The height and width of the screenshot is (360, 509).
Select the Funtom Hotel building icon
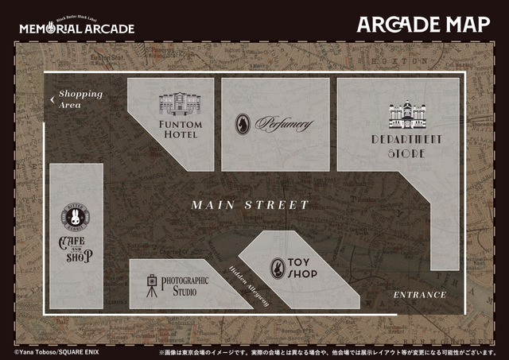pyautogui.click(x=181, y=105)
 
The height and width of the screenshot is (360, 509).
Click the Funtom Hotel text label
pyautogui.click(x=181, y=130)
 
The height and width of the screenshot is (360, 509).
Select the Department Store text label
pyautogui.click(x=406, y=145)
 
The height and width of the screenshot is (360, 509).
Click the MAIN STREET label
pyautogui.click(x=250, y=205)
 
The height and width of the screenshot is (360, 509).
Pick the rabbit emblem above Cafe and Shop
pyautogui.click(x=76, y=217)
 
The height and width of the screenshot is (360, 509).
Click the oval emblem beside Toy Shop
pyautogui.click(x=278, y=268)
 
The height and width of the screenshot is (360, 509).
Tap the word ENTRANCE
pyautogui.click(x=420, y=295)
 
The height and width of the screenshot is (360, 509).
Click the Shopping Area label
pyautogui.click(x=80, y=99)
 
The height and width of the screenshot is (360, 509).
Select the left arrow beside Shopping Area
pyautogui.click(x=52, y=99)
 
